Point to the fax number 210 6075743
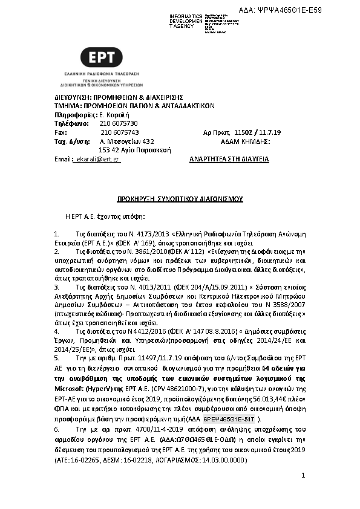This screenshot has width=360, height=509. coord(119,132)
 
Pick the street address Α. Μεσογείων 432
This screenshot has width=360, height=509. coord(123,141)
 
